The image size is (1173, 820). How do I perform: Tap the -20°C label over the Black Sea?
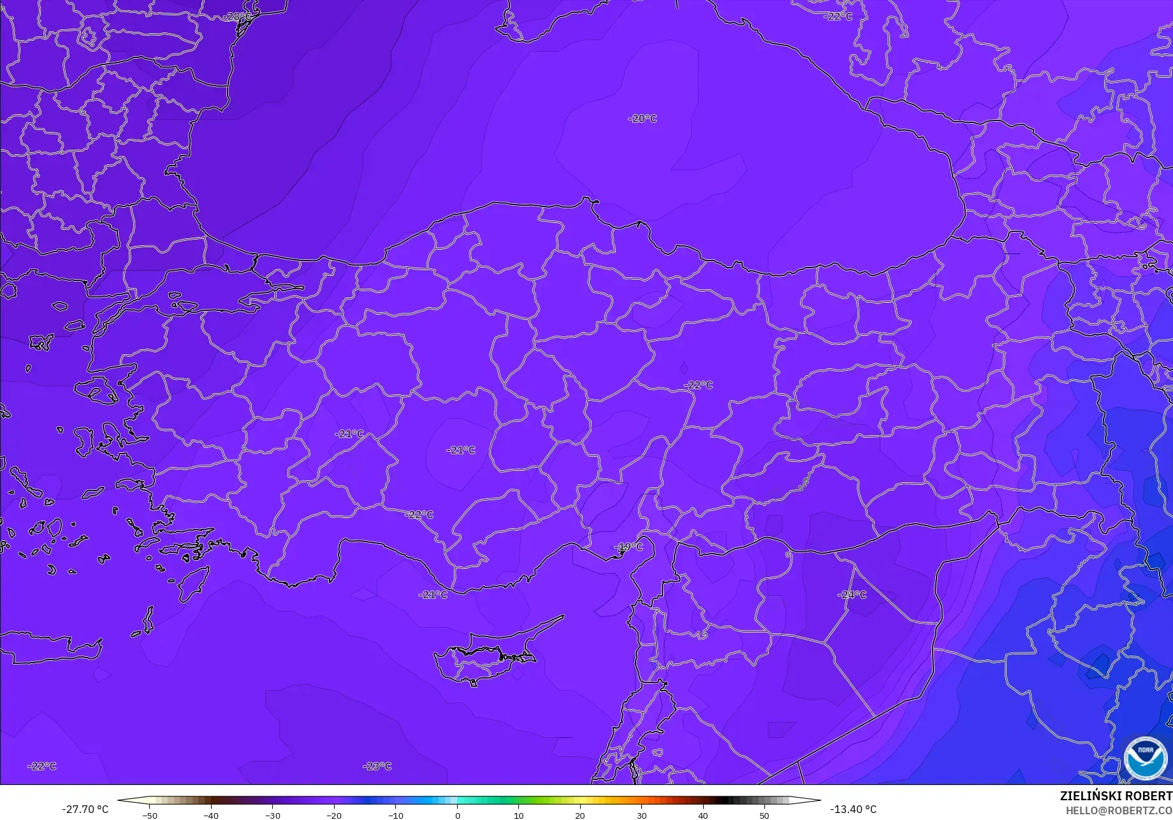coord(642,119)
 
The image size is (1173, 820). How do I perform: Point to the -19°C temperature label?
coord(629,547)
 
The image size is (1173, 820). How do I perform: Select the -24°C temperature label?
coord(852,594)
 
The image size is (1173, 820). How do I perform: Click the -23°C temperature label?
coord(377,766)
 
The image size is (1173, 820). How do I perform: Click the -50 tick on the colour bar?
coord(149,815)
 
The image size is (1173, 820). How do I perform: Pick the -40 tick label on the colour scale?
coord(211,815)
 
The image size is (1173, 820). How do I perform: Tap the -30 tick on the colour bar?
coord(272,815)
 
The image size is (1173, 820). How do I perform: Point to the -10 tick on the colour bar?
coord(396,815)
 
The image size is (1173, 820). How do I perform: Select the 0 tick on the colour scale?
coord(457,815)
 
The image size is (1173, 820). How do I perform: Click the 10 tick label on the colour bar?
coord(518,815)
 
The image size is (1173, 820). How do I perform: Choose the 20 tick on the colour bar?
coord(579,815)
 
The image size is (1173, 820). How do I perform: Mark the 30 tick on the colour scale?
coord(641,815)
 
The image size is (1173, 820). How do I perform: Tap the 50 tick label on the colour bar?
coord(764,815)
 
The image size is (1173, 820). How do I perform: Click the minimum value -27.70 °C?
coord(85,809)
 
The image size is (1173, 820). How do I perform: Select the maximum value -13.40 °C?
coord(853,809)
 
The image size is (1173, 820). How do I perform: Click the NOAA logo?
coord(1145,758)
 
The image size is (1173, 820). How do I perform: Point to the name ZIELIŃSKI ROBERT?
coord(1116,796)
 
